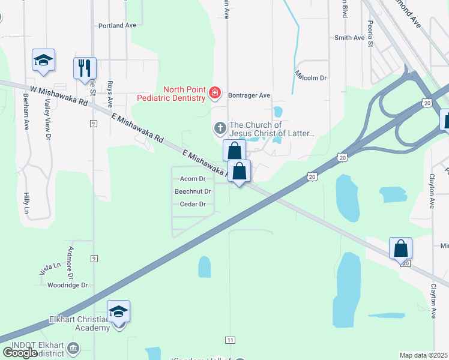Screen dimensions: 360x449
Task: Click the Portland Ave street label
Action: click(118, 26)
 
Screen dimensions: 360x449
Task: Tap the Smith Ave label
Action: click(349, 38)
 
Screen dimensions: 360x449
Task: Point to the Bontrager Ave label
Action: click(247, 95)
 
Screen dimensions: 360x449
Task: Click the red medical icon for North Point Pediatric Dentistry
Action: click(214, 92)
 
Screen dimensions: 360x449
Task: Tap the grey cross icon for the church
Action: click(220, 128)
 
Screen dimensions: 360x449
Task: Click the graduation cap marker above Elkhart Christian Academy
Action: click(119, 311)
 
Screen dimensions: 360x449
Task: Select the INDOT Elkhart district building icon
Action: click(73, 348)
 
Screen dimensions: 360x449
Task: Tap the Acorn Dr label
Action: click(193, 179)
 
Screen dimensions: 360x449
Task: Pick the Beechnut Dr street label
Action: click(193, 191)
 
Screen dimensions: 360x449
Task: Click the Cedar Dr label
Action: click(193, 204)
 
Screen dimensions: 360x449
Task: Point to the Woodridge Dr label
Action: click(68, 285)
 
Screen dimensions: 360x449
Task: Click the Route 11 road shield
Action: click(230, 340)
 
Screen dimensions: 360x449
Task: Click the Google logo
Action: click(20, 353)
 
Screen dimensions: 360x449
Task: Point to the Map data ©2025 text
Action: click(424, 355)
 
